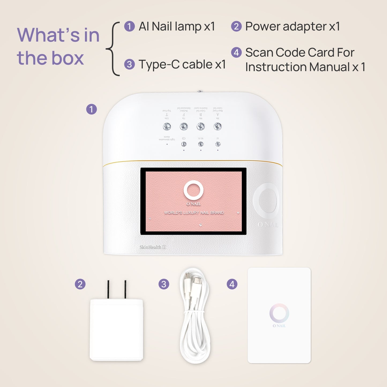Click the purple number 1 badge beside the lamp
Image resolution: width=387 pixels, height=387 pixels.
tap(91, 109)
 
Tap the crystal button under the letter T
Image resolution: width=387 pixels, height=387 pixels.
tap(167, 126)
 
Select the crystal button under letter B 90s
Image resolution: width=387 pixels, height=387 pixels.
tap(201, 126)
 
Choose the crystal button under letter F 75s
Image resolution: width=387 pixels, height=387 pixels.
tap(184, 126)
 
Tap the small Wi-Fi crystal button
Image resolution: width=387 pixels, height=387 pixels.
tap(201, 144)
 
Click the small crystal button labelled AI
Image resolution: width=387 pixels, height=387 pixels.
tap(218, 144)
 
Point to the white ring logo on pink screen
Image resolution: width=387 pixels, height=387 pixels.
tap(193, 190)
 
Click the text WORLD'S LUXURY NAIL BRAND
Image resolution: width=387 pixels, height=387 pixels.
tap(194, 213)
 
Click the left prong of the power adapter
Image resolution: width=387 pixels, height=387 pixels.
tap(108, 289)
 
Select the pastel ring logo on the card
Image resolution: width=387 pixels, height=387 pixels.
tap(279, 313)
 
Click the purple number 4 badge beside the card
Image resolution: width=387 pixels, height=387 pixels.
tap(232, 284)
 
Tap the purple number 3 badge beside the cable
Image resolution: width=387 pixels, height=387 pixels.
tap(164, 284)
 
